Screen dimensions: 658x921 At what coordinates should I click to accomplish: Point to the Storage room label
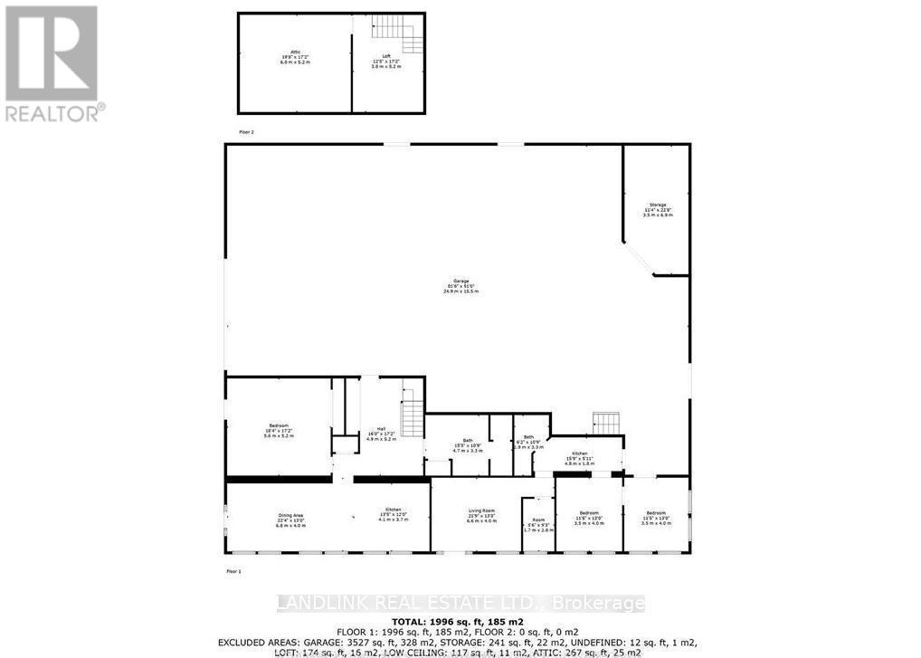pos(657,210)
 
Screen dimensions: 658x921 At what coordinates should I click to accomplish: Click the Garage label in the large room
pos(460,287)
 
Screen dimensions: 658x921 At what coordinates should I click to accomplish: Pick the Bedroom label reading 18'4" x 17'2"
pos(278,432)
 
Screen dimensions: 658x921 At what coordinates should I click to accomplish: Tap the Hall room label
pos(380,435)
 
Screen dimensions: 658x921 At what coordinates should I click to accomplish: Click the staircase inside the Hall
pos(413,418)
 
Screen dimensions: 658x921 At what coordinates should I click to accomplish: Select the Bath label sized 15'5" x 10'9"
pos(468,445)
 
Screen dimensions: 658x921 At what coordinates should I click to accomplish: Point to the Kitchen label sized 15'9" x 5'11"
pos(579,457)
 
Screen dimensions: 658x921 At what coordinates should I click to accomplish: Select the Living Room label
pos(481,516)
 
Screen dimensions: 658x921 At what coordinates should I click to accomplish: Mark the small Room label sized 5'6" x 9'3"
pos(537,525)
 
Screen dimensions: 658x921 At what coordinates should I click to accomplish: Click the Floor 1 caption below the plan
pos(234,571)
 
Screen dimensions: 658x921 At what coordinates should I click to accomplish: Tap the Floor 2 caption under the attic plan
pos(247,132)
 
